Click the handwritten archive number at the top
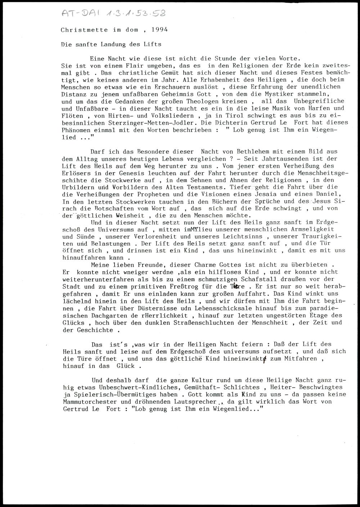[114, 14]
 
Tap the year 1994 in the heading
[159, 30]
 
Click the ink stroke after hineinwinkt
[265, 359]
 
